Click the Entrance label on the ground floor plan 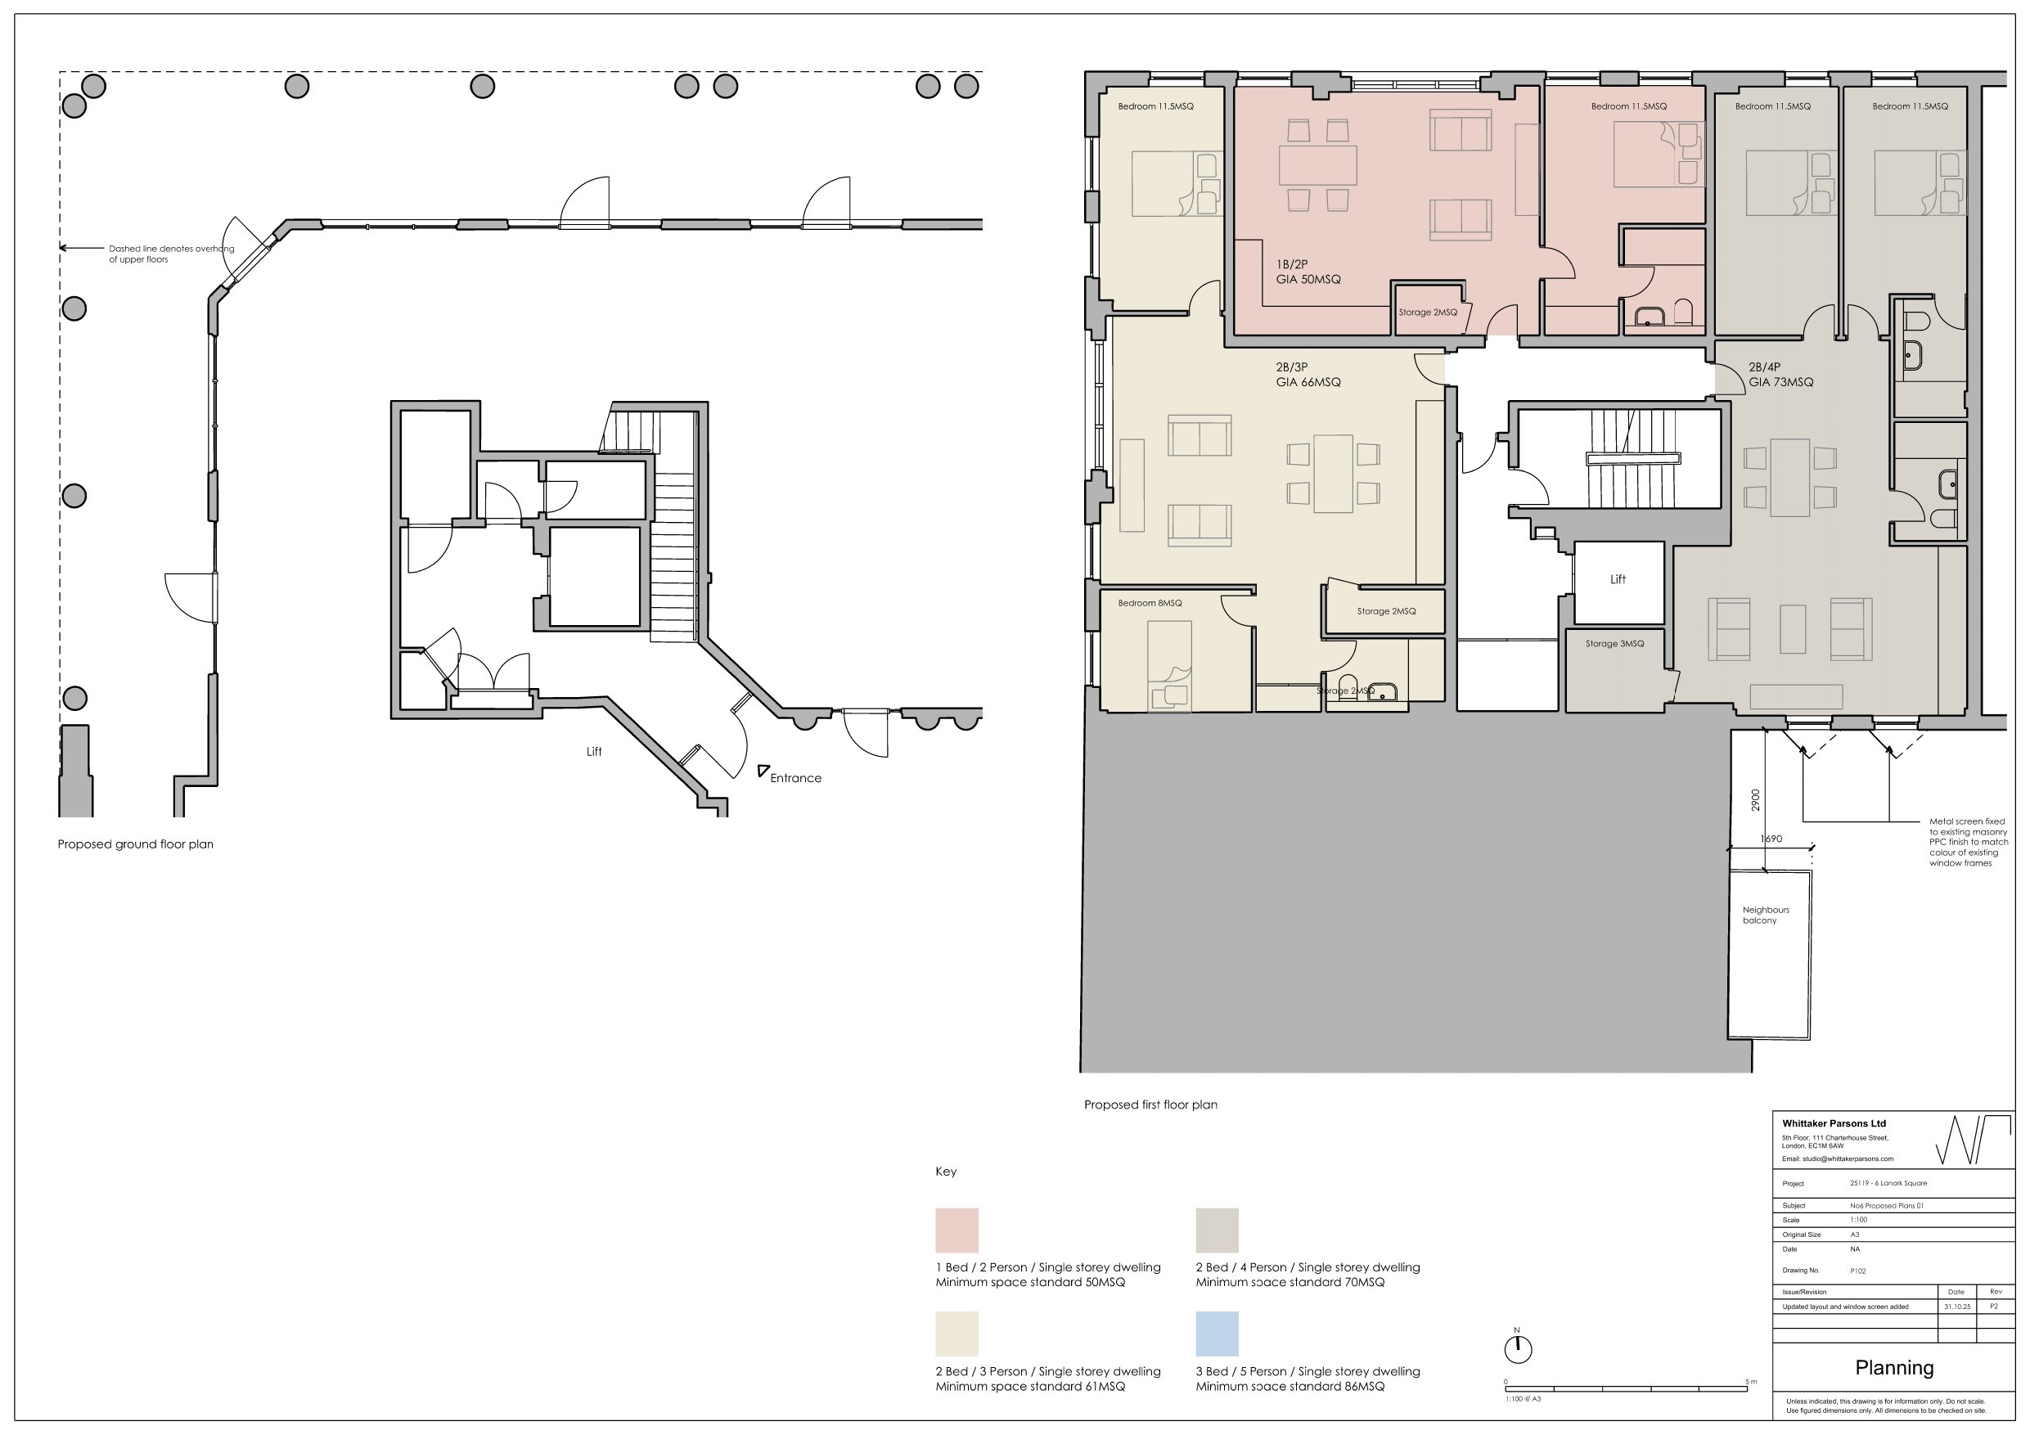[x=794, y=778]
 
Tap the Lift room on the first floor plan [x=1617, y=580]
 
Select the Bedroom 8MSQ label [x=1150, y=603]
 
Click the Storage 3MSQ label [x=1614, y=644]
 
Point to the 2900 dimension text [x=1755, y=799]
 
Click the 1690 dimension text [x=1771, y=839]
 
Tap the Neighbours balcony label [x=1765, y=915]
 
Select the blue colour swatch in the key [x=1217, y=1334]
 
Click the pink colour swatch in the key [x=956, y=1230]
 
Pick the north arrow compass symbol [x=1517, y=1348]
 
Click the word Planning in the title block [x=1894, y=1368]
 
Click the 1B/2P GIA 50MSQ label [x=1308, y=272]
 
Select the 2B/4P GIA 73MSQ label [x=1780, y=375]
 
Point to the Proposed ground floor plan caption [x=135, y=844]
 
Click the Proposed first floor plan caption [x=1150, y=1104]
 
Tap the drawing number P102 [x=1857, y=1271]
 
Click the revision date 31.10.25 [x=1956, y=1307]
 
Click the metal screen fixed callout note [x=1968, y=842]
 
